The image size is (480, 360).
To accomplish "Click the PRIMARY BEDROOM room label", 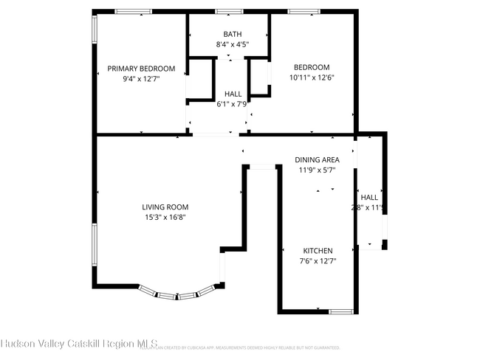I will [141, 69].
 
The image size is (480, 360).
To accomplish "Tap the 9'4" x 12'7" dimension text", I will [141, 78].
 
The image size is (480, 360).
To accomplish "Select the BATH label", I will [232, 35].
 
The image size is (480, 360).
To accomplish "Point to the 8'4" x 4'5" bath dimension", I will [232, 44].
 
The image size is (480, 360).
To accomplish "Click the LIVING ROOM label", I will [165, 207].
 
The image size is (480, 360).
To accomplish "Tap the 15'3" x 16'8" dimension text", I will [165, 217].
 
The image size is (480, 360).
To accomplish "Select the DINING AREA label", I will [317, 160].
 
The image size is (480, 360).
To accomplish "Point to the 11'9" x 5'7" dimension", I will [317, 170].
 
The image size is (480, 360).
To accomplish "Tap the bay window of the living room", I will [178, 295].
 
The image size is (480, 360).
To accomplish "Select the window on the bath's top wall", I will [229, 11].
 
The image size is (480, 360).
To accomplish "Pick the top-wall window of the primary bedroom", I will [134, 11].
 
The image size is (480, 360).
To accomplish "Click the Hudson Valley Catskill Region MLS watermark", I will [79, 343].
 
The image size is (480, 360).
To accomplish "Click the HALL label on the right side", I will [369, 198].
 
